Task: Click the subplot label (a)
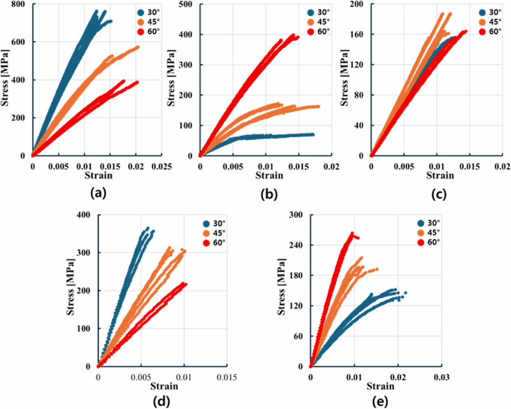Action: point(99,193)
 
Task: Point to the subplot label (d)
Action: point(161,401)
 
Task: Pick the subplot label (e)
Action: point(380,401)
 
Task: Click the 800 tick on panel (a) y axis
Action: point(18,4)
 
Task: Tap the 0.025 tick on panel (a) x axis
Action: point(162,166)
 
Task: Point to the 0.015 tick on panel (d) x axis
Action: point(227,377)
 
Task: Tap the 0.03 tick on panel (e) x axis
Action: point(442,377)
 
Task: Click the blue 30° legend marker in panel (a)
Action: point(141,13)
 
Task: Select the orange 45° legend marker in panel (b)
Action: point(311,22)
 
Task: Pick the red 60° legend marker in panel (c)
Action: point(482,32)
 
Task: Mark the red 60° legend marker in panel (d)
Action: point(206,243)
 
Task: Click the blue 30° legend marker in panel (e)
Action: point(421,223)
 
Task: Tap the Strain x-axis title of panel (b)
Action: point(269,175)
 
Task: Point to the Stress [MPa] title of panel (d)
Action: point(71,287)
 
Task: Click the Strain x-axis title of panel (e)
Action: point(380,386)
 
